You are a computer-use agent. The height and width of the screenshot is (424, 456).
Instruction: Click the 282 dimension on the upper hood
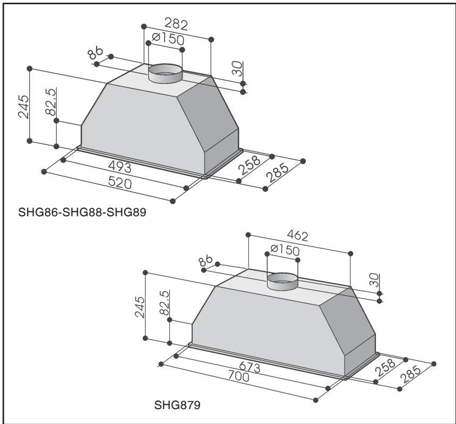click(176, 25)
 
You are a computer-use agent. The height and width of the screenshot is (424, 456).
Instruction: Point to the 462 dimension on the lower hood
click(298, 235)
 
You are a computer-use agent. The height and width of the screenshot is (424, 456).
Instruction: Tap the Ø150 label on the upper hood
click(165, 39)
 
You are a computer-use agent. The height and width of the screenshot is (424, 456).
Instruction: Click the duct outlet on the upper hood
click(165, 73)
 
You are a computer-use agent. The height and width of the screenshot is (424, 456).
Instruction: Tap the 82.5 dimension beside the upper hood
click(51, 101)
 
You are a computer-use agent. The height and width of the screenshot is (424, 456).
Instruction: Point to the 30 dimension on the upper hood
click(238, 69)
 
